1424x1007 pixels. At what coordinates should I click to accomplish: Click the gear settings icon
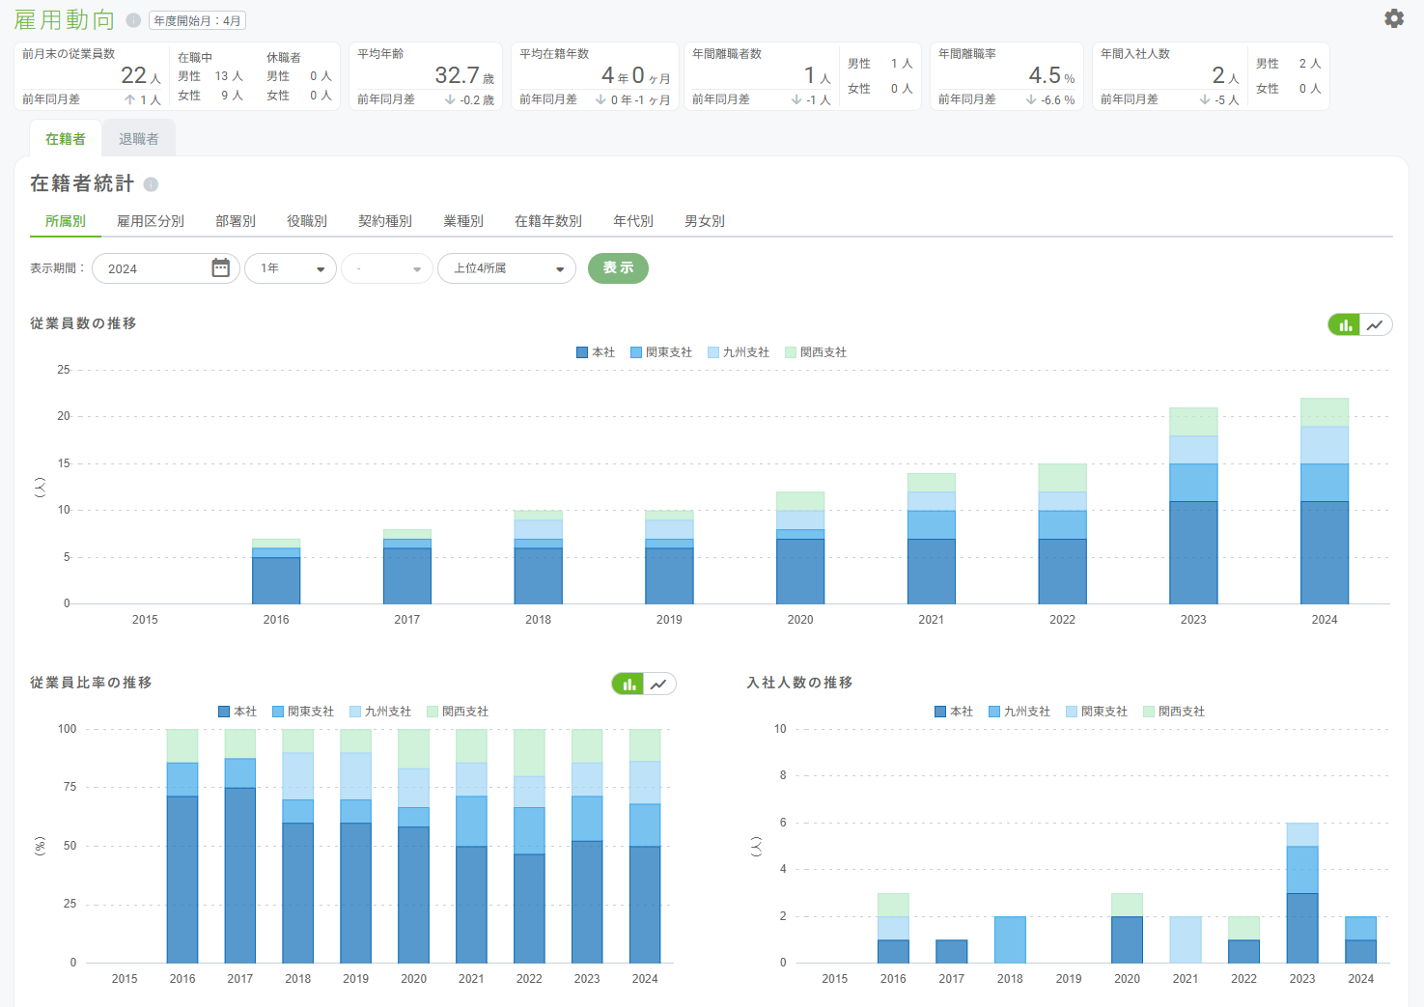pos(1393,18)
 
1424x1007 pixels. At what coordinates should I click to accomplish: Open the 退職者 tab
pos(139,139)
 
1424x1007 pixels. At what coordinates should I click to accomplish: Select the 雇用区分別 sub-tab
pos(151,221)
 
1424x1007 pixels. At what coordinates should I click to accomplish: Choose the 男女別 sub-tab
pos(705,221)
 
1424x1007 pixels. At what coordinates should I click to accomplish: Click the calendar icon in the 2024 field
pos(220,267)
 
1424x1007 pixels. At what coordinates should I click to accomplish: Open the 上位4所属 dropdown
pos(507,268)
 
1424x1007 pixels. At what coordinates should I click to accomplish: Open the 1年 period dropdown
pos(291,268)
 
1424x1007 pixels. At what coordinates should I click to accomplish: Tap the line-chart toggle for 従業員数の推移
pos(1376,324)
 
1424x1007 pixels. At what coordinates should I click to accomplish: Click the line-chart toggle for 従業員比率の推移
pos(659,685)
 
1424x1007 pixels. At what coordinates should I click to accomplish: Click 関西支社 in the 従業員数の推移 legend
pos(816,352)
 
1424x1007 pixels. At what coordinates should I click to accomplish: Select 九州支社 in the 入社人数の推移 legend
pos(1019,712)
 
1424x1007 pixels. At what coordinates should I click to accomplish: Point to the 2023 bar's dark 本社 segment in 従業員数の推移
pos(1193,552)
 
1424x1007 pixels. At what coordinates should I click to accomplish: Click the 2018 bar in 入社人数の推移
pos(1010,939)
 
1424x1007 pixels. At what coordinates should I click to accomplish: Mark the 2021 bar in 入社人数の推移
pos(1186,939)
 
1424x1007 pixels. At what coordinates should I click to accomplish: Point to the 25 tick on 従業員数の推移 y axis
pos(64,370)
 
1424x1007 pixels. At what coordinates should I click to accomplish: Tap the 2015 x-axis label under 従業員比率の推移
pos(125,979)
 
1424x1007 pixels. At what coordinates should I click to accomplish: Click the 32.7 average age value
pos(457,75)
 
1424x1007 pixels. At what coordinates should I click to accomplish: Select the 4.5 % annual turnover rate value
pos(1051,75)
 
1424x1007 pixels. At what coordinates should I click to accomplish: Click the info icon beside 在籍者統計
pos(151,184)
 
